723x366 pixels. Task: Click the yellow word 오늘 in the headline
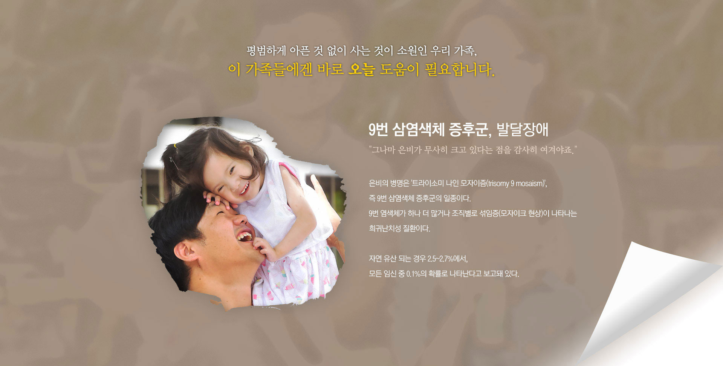[x=361, y=69]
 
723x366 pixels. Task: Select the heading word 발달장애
[x=522, y=130]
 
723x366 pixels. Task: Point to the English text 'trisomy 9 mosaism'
[x=516, y=184]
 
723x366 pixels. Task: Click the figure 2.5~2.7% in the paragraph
[x=442, y=259]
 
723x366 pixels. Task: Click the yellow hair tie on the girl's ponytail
[x=175, y=145]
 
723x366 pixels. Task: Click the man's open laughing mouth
[x=244, y=236]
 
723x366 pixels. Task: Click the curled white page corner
[x=652, y=302]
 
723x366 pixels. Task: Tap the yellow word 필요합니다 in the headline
[x=459, y=69]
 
